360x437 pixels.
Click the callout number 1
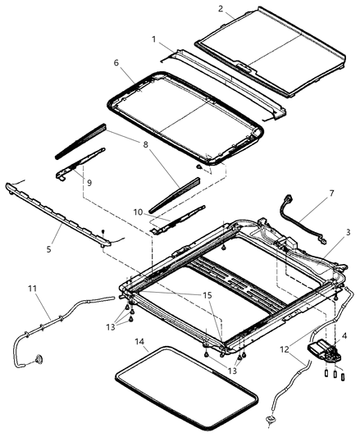pyautogui.click(x=154, y=38)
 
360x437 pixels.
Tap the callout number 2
pyautogui.click(x=221, y=9)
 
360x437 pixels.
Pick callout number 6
pyautogui.click(x=116, y=63)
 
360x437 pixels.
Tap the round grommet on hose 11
pyautogui.click(x=39, y=360)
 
